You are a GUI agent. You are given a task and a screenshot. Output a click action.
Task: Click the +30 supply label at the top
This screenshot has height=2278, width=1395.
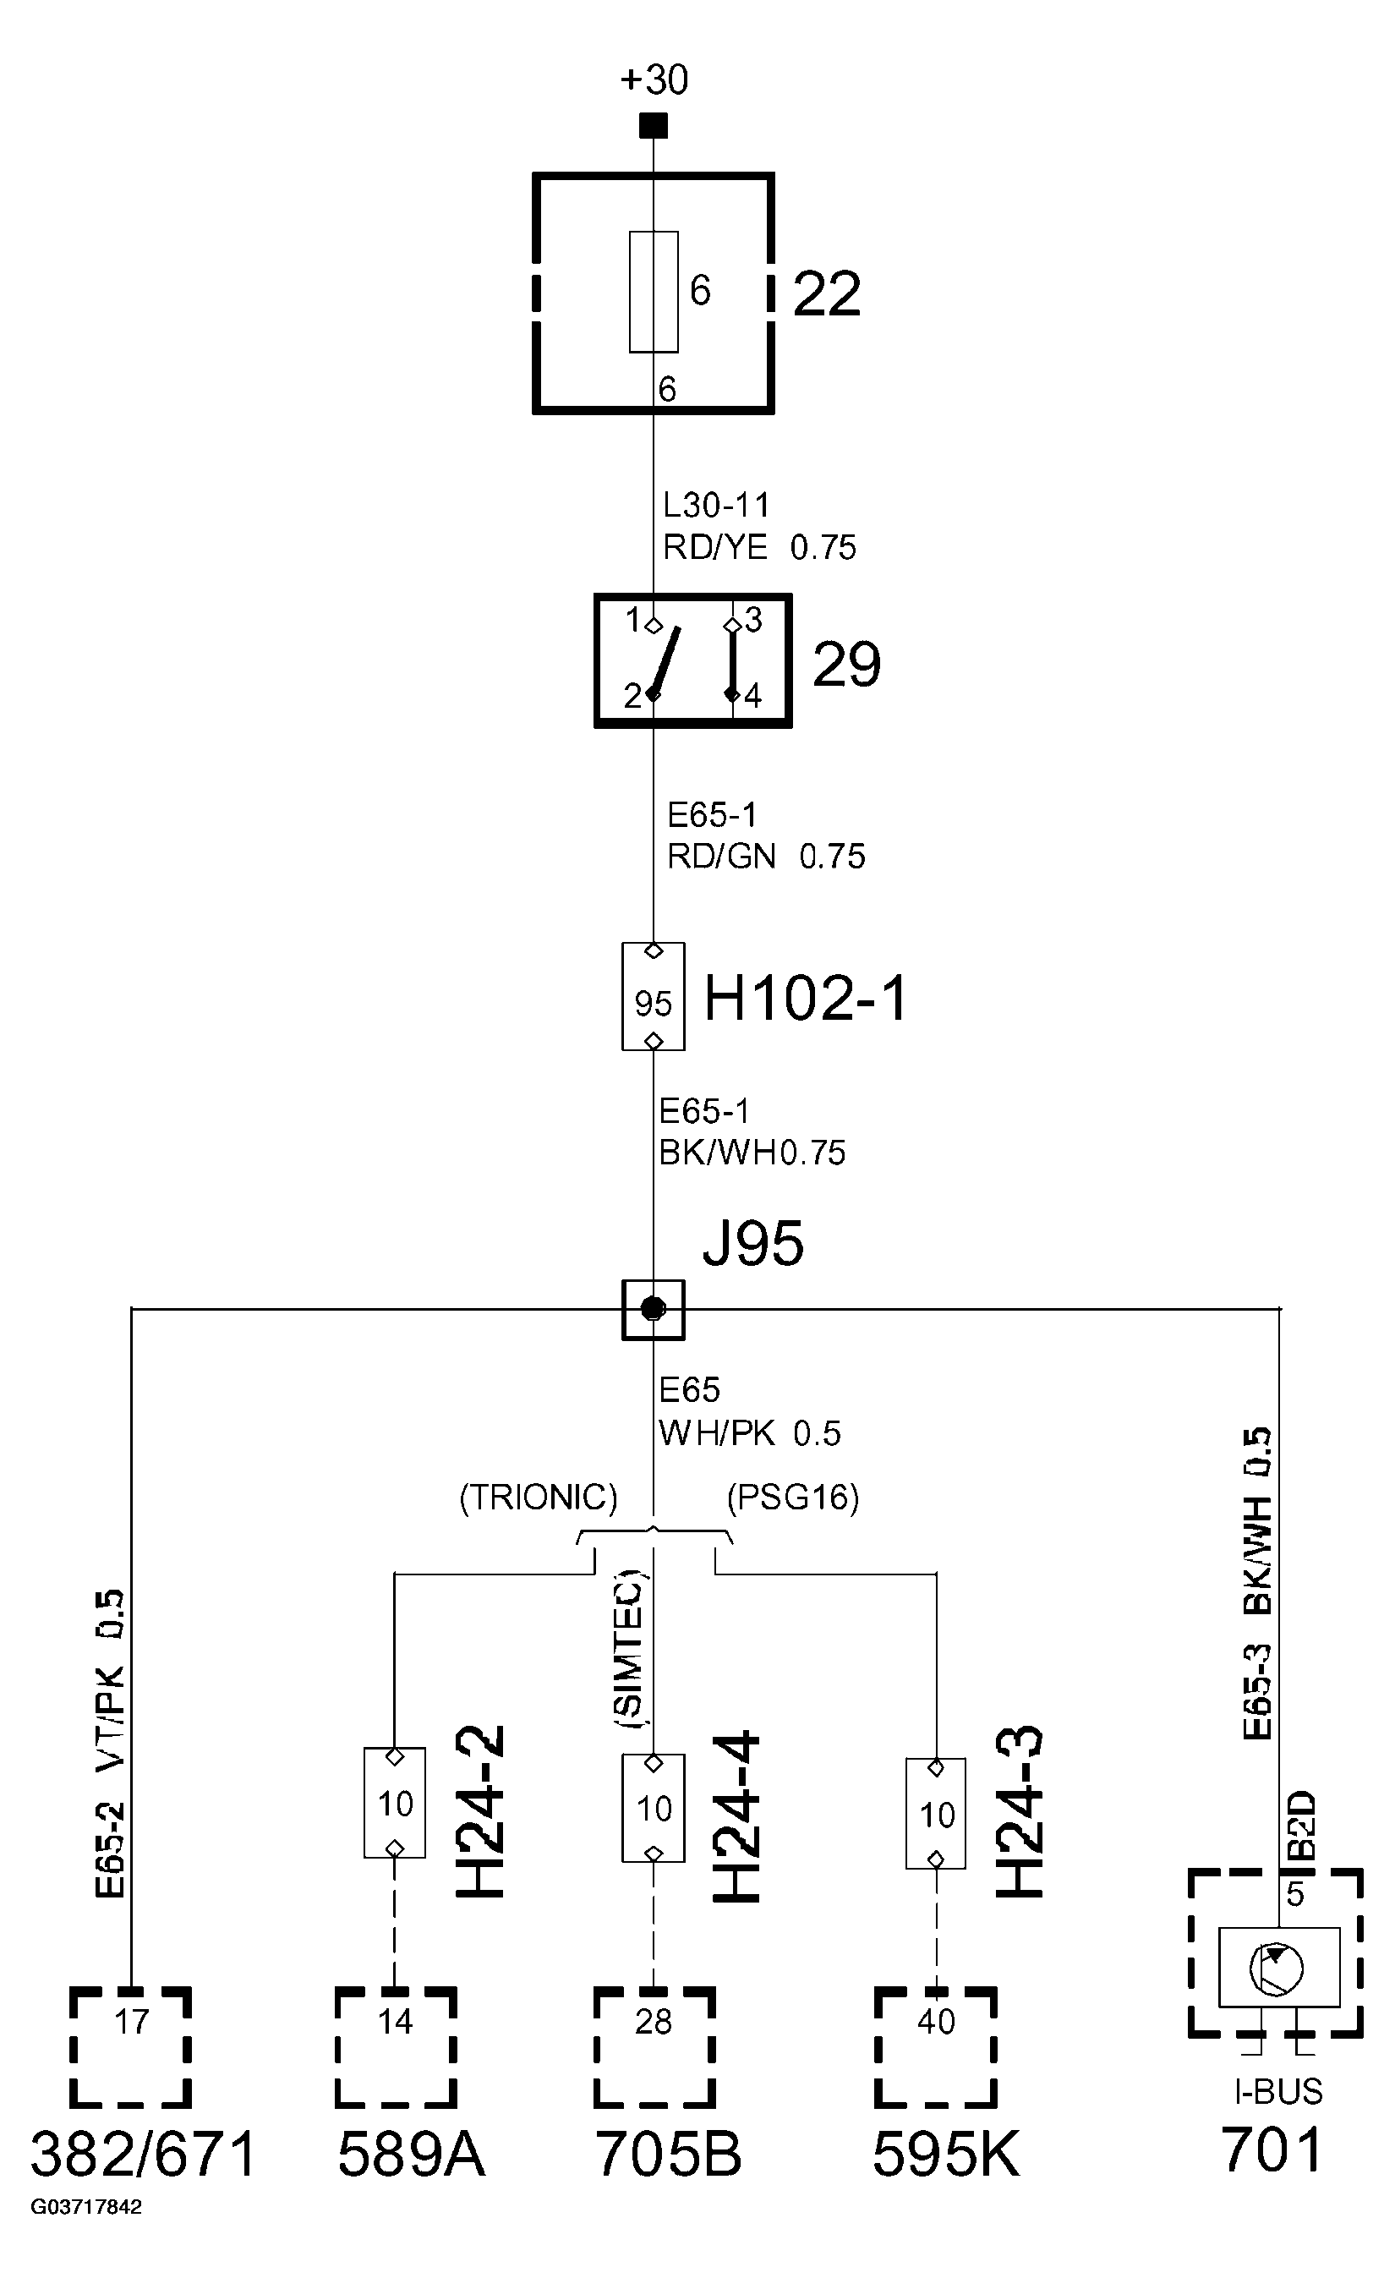click(654, 79)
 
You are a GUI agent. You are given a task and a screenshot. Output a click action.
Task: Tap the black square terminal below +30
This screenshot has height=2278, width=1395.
click(654, 126)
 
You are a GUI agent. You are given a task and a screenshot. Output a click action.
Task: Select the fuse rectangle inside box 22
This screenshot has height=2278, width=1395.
click(654, 292)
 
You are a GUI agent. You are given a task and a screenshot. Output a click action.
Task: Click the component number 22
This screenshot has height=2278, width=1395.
click(827, 295)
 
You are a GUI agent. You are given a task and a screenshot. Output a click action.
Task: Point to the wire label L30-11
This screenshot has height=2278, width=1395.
click(716, 506)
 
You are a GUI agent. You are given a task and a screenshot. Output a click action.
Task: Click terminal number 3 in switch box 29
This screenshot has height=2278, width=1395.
click(753, 621)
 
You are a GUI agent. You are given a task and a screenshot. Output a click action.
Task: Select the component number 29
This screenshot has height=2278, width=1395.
click(845, 665)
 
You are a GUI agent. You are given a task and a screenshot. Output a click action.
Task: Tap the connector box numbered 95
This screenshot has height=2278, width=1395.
click(653, 997)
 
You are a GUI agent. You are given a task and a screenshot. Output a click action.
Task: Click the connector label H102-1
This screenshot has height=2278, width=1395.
click(806, 999)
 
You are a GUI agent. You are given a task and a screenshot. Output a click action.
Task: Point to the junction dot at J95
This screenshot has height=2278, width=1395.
click(654, 1309)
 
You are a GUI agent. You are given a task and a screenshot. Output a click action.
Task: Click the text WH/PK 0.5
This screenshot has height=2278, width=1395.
click(749, 1434)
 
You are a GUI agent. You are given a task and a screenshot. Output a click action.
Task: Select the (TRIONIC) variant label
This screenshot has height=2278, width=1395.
click(538, 1498)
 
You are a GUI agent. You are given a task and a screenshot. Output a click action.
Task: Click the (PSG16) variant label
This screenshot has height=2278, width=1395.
click(792, 1498)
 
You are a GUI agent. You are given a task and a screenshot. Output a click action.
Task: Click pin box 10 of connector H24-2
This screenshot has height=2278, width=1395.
click(395, 1803)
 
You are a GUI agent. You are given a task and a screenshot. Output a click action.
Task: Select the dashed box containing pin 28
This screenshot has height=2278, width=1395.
click(654, 2047)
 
